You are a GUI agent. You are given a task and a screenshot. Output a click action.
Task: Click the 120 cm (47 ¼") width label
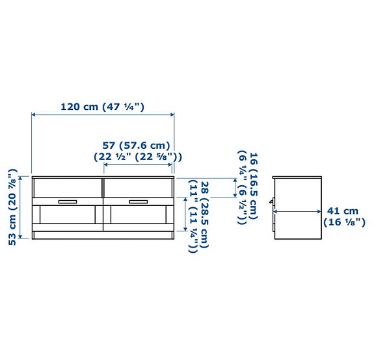[x=102, y=107]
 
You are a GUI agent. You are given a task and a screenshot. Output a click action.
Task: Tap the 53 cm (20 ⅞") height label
[x=12, y=207]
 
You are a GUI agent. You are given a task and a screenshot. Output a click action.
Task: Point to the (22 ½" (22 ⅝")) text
[x=137, y=157]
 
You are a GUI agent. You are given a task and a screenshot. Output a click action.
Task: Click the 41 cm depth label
[x=343, y=211]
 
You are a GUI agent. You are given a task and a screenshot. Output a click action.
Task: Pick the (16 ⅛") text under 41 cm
[x=344, y=222]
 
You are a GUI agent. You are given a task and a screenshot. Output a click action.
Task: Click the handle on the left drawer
[x=67, y=201]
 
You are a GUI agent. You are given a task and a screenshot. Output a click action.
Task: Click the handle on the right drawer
[x=138, y=201]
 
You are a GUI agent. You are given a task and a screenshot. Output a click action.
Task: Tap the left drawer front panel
[x=67, y=188]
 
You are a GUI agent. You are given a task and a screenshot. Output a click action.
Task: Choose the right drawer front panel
[x=138, y=188]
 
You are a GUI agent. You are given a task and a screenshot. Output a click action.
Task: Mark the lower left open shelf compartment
[x=67, y=217]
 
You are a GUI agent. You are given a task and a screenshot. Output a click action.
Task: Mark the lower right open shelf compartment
[x=138, y=217]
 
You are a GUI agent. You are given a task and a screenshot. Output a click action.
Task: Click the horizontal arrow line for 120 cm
[x=103, y=116]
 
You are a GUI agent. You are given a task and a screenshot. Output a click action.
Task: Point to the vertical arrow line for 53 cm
[x=21, y=207]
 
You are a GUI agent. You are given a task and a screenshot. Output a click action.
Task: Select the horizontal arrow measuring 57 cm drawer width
[x=137, y=166]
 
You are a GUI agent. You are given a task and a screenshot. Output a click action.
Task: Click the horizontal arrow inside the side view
[x=297, y=211]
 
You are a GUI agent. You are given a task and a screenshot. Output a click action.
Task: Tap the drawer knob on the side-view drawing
[x=273, y=211]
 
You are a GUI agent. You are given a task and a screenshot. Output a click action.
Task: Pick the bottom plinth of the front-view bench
[x=103, y=235]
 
